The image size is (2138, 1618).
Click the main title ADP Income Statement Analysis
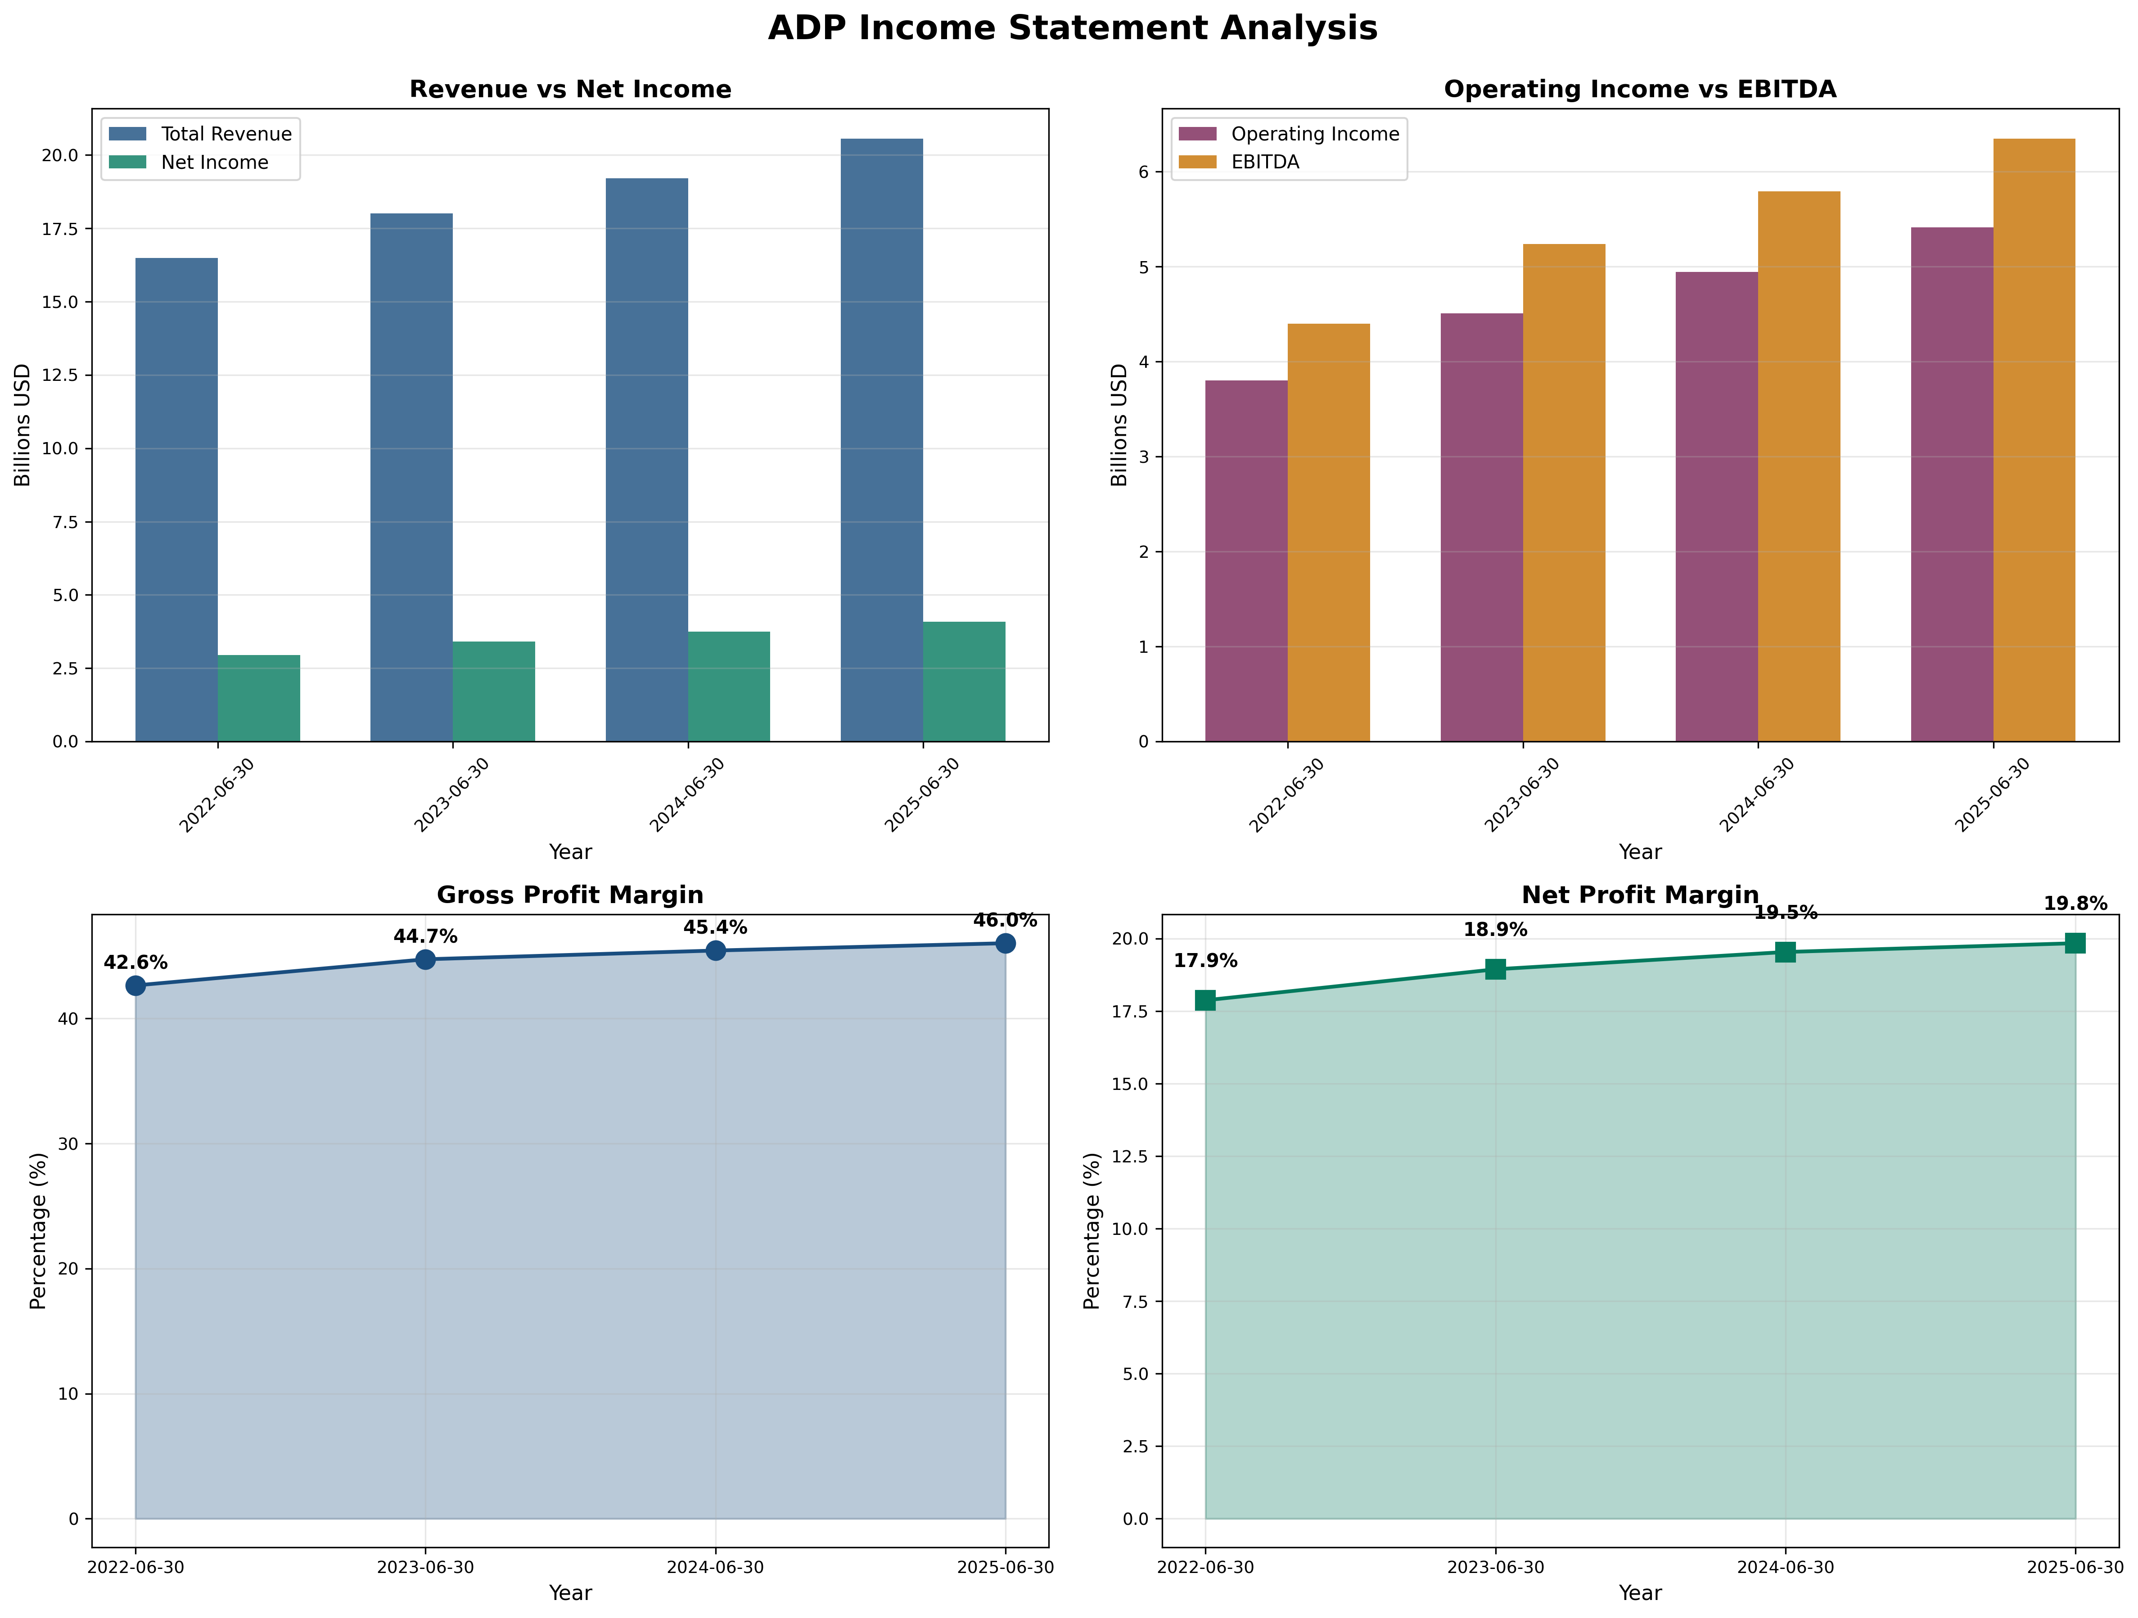coord(1072,28)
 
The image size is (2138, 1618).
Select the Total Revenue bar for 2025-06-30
coord(881,440)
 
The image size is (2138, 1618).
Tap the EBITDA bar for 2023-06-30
coord(1564,493)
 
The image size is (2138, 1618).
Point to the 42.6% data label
coord(135,963)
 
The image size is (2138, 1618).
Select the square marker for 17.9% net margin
coord(1205,1000)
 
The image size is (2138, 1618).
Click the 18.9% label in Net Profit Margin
coord(1495,930)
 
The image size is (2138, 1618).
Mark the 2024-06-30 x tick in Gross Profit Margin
coord(715,1567)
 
